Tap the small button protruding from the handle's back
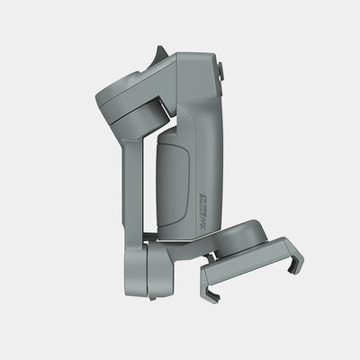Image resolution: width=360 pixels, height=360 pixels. click(220, 70)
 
